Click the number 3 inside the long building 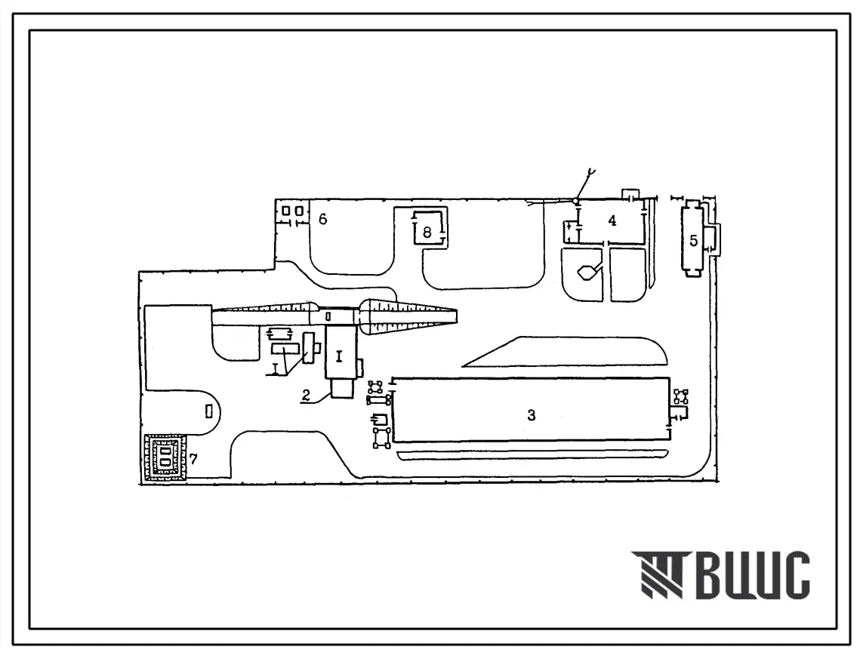coord(531,415)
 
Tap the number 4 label coord(612,220)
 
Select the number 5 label coord(693,240)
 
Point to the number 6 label coord(322,219)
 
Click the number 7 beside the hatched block coord(193,458)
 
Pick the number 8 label coord(427,233)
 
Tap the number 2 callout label coord(306,395)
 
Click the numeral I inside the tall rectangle coord(339,357)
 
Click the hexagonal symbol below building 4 coord(587,272)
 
